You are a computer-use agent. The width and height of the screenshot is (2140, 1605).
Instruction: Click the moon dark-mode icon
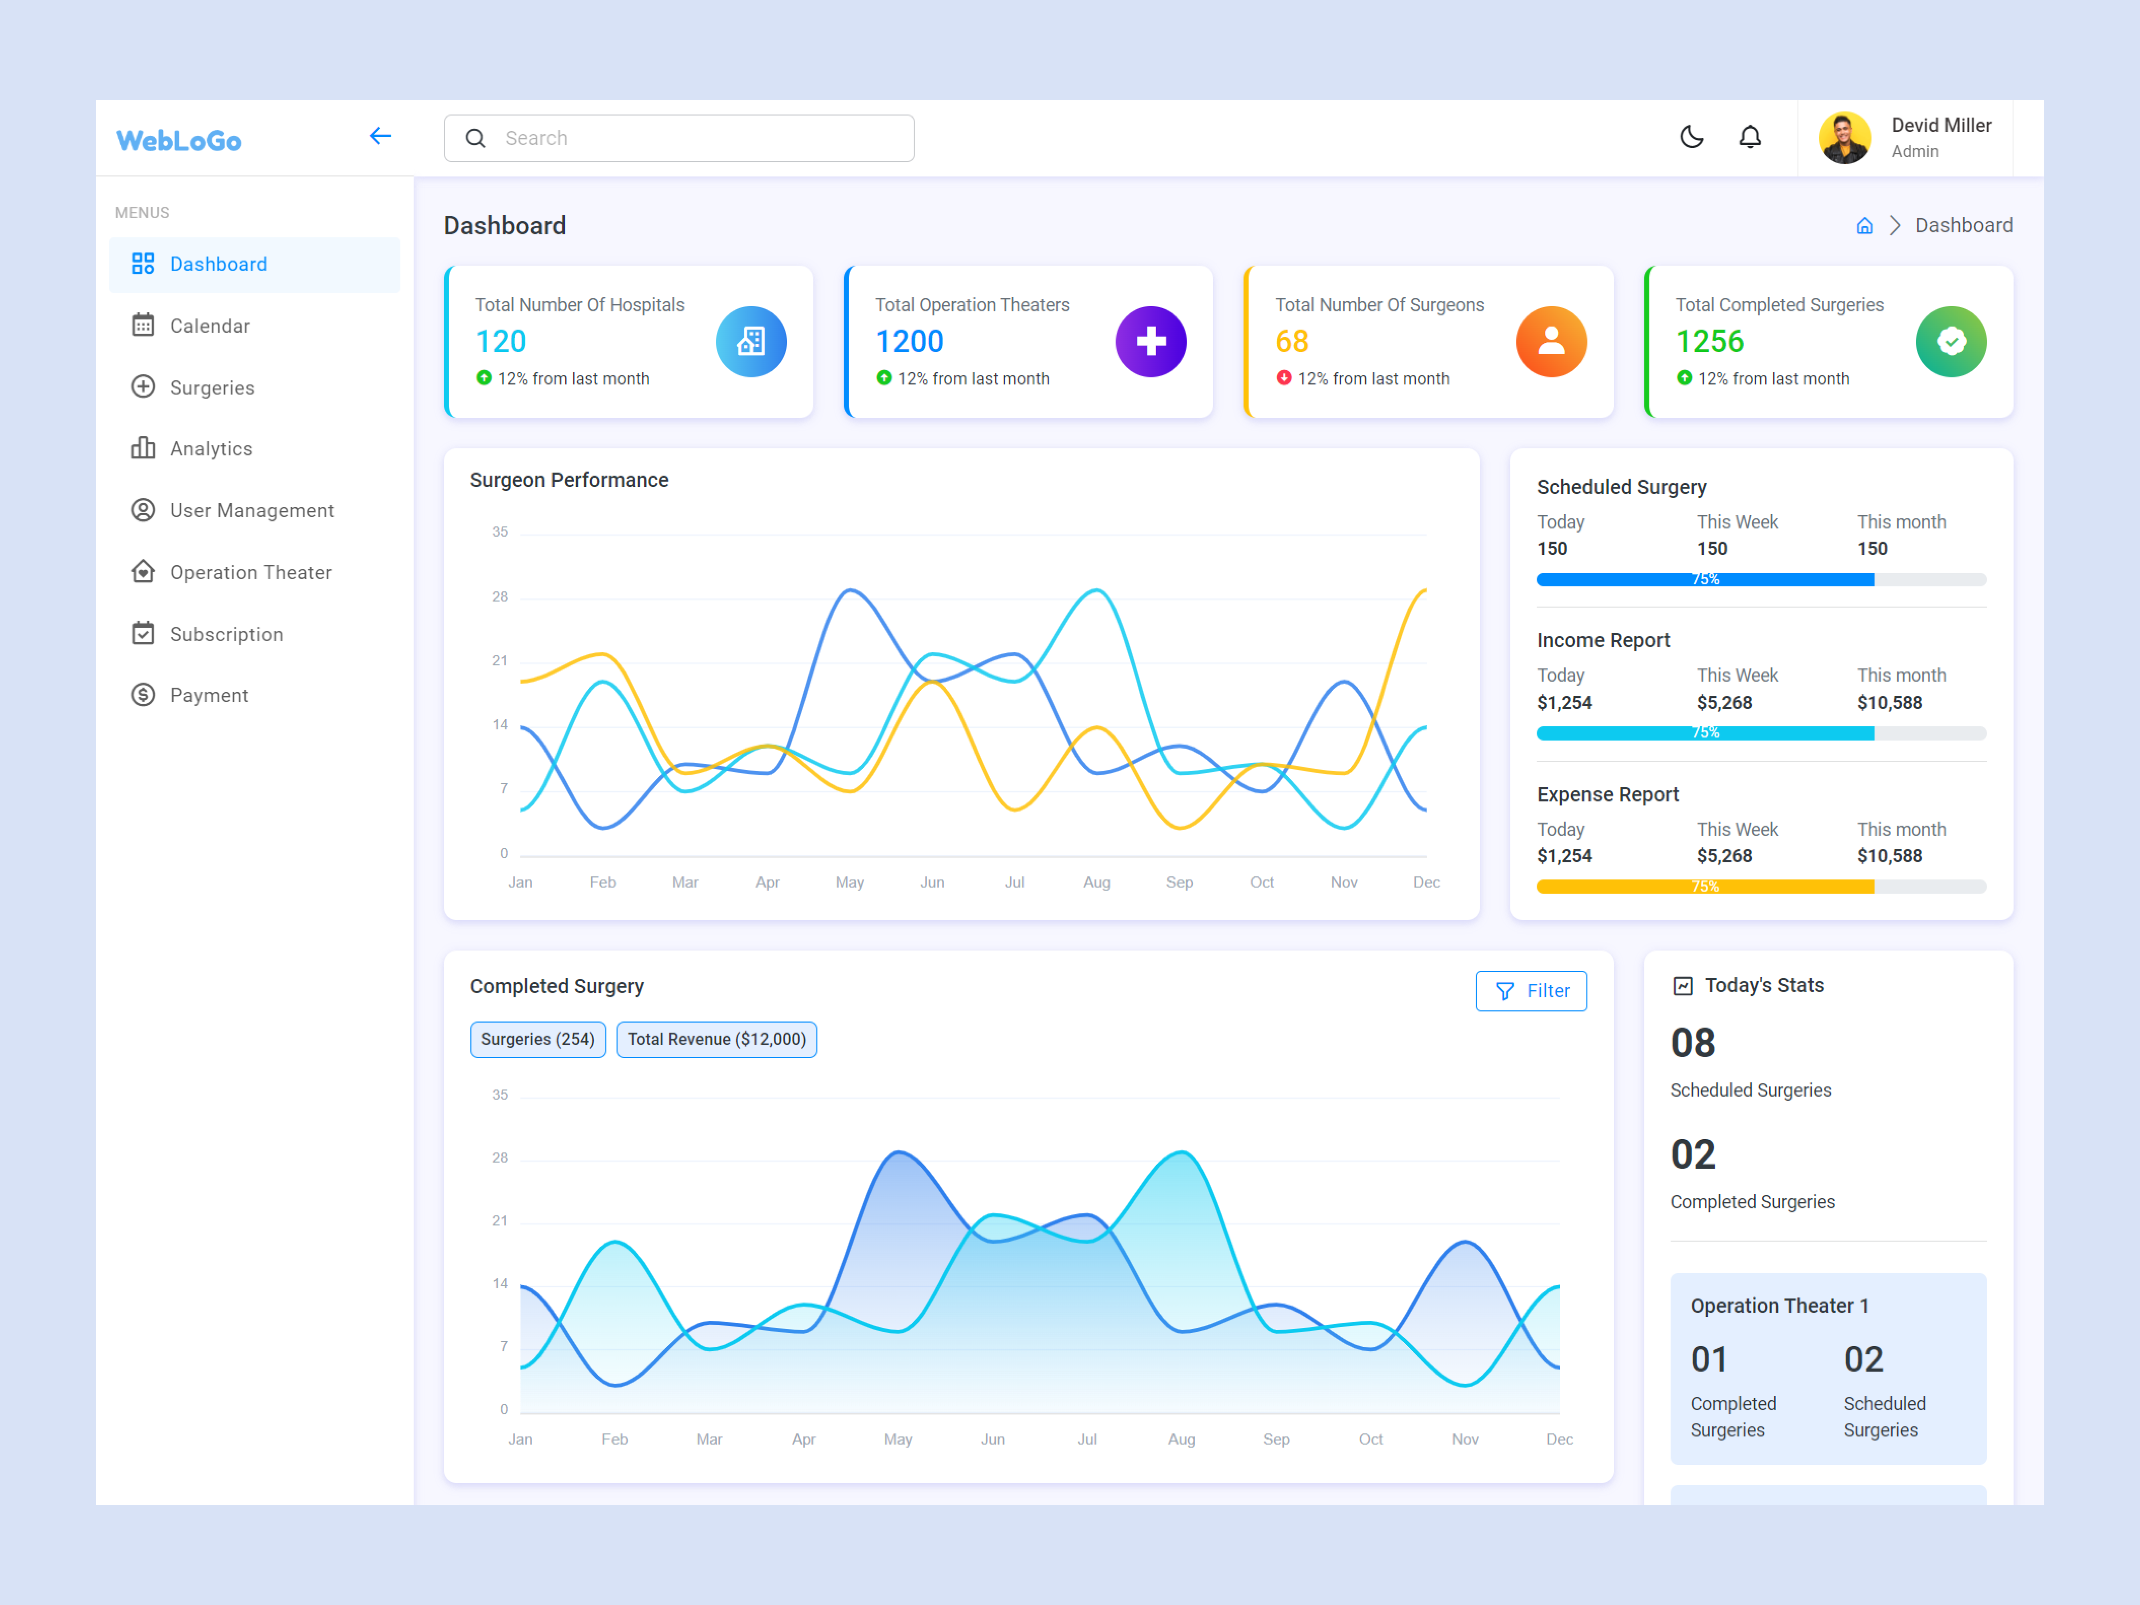(1691, 137)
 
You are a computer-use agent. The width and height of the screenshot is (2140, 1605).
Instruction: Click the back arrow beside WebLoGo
(380, 136)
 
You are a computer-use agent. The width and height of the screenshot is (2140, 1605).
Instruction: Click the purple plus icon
(1150, 341)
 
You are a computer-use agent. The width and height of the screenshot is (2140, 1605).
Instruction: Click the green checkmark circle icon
(1950, 341)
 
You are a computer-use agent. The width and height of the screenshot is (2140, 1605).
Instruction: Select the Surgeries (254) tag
(538, 1039)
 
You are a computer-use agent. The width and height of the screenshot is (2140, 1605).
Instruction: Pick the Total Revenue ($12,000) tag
(716, 1039)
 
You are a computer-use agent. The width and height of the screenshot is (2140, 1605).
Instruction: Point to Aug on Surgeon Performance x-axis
(1096, 882)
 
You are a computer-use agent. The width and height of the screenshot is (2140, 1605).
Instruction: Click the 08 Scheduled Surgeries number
(1692, 1043)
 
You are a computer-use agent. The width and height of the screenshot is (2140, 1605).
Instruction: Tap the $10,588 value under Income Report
(1889, 703)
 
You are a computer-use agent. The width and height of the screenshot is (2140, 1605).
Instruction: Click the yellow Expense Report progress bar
(1705, 886)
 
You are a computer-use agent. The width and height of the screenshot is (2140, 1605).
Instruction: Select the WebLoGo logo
(179, 140)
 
